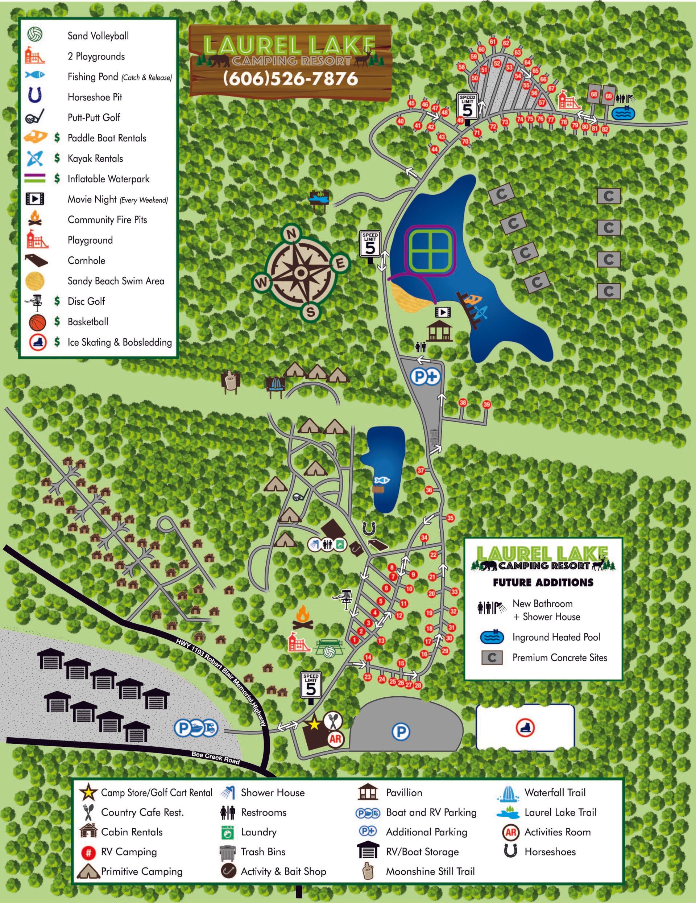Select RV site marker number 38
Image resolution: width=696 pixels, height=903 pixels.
tap(463, 403)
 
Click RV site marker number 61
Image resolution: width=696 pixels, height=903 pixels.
tap(493, 42)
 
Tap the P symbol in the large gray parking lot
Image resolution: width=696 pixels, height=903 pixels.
tap(400, 732)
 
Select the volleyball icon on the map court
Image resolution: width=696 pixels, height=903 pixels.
tap(330, 652)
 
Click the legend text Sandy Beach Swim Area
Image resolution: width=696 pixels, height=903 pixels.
tap(116, 281)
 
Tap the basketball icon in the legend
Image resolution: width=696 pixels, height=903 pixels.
tap(38, 322)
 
